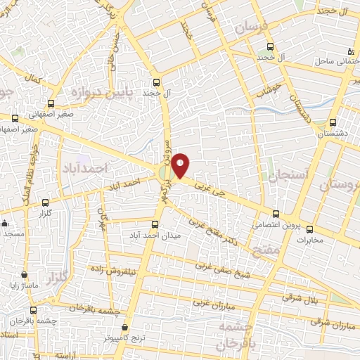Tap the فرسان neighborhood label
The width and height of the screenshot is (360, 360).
(252, 29)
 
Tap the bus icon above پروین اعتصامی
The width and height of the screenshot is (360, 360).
(276, 214)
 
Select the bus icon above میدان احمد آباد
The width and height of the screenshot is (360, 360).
(155, 225)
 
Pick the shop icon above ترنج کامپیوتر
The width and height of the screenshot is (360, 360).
(124, 327)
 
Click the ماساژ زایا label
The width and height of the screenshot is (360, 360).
(25, 286)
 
